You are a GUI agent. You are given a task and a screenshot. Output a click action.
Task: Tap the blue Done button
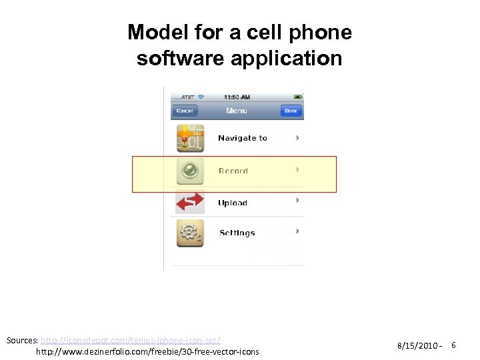(291, 111)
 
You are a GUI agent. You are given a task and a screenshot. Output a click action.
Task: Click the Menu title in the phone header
(237, 111)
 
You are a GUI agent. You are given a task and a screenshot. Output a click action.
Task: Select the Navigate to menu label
(243, 139)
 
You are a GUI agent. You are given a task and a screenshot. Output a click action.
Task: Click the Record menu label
(233, 171)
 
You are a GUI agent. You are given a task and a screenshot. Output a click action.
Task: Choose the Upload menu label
(233, 203)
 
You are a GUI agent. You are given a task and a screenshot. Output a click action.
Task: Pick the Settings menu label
(237, 233)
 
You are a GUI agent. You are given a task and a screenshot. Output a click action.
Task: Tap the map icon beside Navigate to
(190, 139)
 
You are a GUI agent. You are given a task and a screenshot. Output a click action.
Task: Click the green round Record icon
(190, 171)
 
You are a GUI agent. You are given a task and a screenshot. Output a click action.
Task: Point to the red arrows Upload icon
(190, 202)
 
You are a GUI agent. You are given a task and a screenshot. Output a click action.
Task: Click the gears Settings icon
(190, 233)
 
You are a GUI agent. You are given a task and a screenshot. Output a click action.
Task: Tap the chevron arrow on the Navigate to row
(297, 138)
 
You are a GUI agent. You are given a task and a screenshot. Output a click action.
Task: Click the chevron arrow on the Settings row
(297, 232)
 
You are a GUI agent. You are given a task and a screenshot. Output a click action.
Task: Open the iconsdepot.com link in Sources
(131, 340)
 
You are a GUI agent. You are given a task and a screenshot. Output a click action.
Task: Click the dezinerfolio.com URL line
(147, 351)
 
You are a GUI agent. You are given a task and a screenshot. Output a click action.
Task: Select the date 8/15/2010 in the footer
(417, 346)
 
